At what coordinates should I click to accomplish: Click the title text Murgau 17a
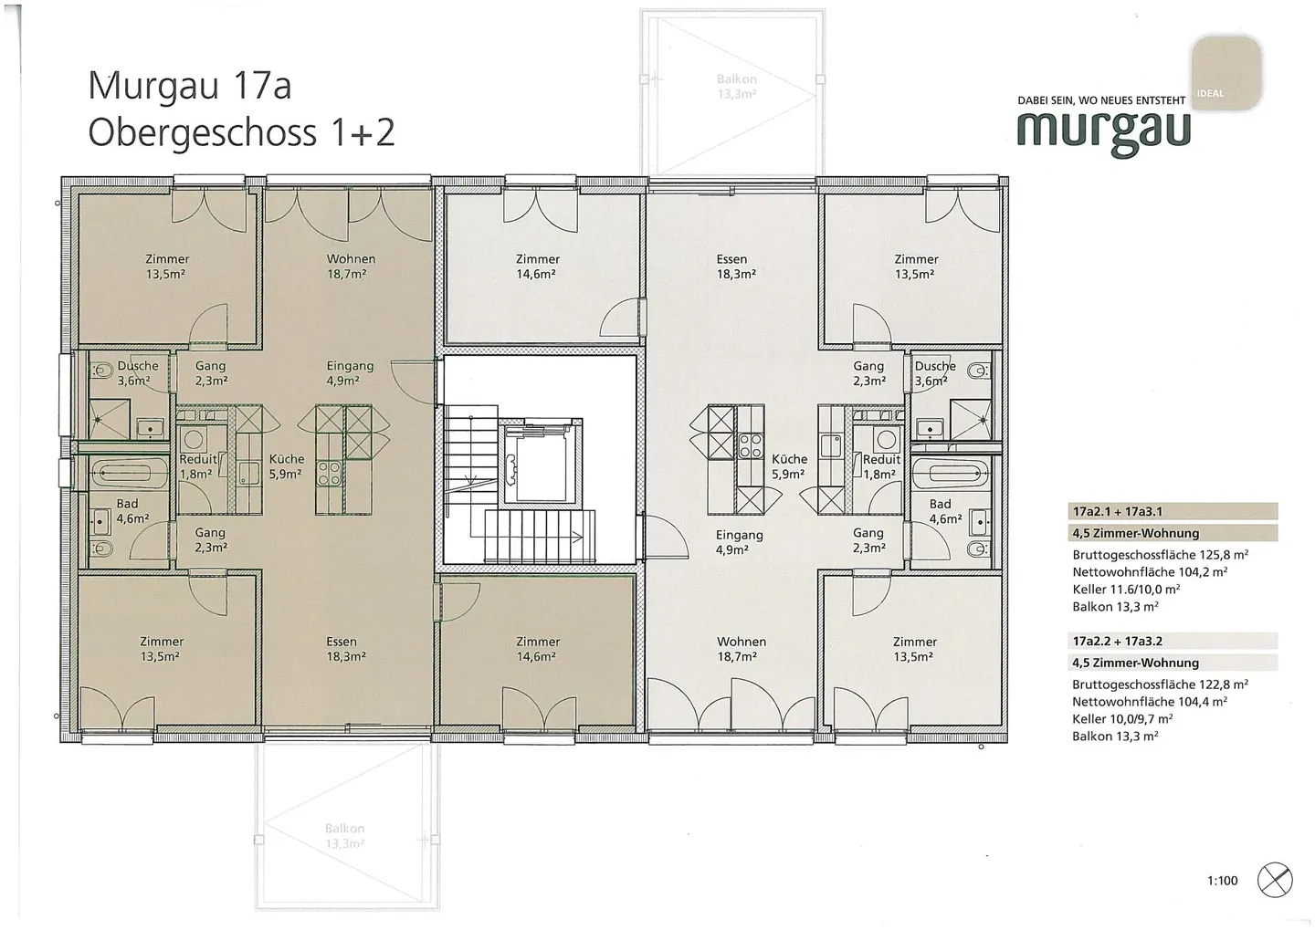coord(189,86)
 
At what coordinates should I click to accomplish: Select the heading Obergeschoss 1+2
coord(241,132)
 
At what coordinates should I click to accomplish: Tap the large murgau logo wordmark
coord(1103,130)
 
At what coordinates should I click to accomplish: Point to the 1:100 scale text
coord(1222,881)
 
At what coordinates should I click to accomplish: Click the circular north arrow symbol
coord(1275,880)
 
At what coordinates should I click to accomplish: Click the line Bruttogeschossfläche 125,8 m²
coord(1160,554)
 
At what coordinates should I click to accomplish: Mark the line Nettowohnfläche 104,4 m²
coord(1149,702)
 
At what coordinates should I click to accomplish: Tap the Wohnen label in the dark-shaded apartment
coord(351,259)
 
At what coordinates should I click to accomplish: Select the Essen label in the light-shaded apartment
coord(732,259)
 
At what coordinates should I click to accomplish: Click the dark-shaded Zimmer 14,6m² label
coord(537,649)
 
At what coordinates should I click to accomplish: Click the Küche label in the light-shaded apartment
coord(789,460)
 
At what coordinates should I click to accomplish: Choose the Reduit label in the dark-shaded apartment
coord(197,460)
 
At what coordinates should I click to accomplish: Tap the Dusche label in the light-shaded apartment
coord(935,366)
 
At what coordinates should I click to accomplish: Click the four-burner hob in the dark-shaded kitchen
coord(329,473)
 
